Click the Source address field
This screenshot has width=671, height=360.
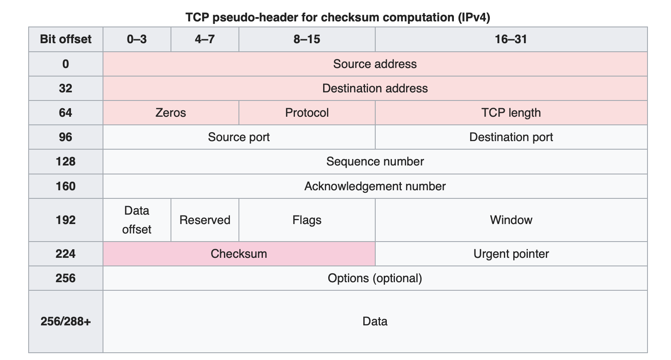[375, 64]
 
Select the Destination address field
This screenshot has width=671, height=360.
[375, 89]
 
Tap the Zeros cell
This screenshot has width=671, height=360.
[171, 113]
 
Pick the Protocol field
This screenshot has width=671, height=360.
[307, 113]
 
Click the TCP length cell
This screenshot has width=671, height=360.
[511, 113]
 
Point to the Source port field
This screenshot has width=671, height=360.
[238, 137]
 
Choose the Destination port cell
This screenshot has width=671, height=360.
[511, 137]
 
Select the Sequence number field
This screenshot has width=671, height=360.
[375, 162]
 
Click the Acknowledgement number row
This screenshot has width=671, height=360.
[375, 186]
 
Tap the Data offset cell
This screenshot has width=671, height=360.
[137, 220]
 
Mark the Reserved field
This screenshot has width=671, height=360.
[205, 220]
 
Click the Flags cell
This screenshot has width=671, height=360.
[307, 220]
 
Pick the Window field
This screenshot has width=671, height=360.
[511, 220]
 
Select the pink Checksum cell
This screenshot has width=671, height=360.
[238, 254]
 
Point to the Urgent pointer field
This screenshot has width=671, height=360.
[511, 254]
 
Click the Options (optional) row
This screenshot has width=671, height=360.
[375, 278]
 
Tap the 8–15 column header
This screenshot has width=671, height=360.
[307, 39]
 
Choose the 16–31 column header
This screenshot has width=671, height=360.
[511, 39]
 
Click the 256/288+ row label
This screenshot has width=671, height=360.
[66, 322]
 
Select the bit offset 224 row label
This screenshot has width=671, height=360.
[66, 254]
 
